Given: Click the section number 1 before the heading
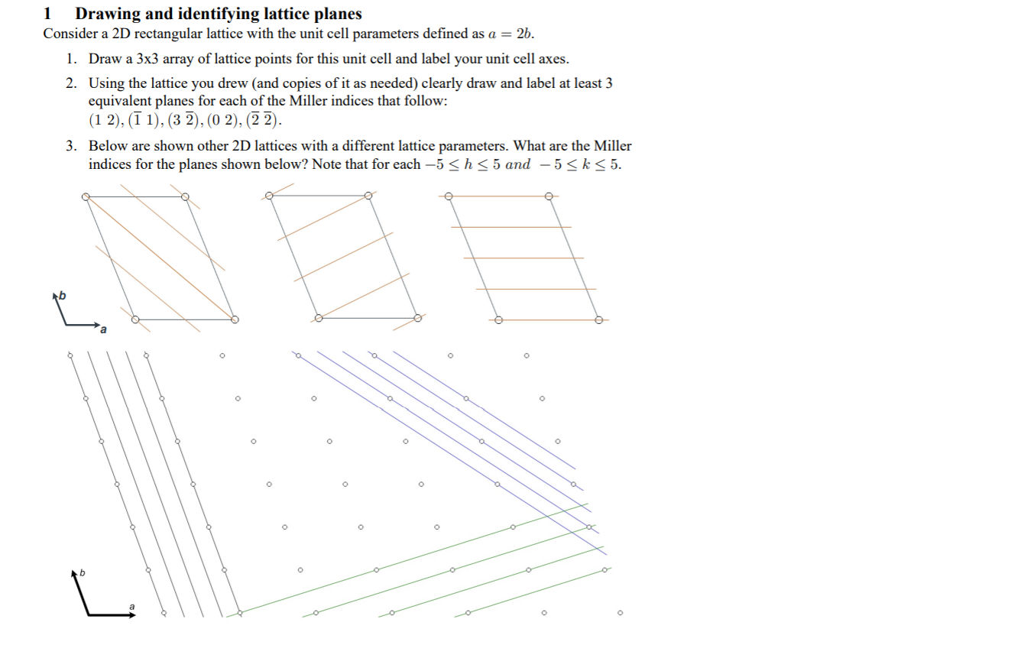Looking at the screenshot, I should click(x=47, y=14).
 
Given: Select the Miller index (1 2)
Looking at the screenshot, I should click(x=104, y=120).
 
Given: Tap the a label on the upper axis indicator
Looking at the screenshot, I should click(x=103, y=329).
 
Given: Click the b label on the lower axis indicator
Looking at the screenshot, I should click(x=83, y=572).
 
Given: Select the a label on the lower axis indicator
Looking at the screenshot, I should click(x=131, y=606).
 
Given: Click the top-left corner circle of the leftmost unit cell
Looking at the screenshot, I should click(x=86, y=196).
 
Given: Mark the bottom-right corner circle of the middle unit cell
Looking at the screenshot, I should click(x=418, y=317).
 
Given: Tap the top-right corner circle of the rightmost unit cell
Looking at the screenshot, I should click(x=548, y=196).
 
